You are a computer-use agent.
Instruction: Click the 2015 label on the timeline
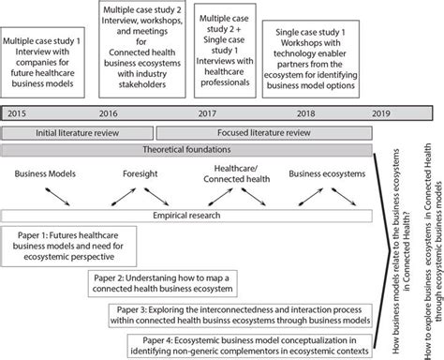(x=15, y=112)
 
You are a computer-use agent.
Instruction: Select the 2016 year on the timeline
(x=107, y=112)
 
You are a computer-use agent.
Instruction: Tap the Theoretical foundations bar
(x=188, y=150)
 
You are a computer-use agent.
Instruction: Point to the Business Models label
(x=44, y=173)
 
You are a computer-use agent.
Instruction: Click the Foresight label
(x=141, y=173)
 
